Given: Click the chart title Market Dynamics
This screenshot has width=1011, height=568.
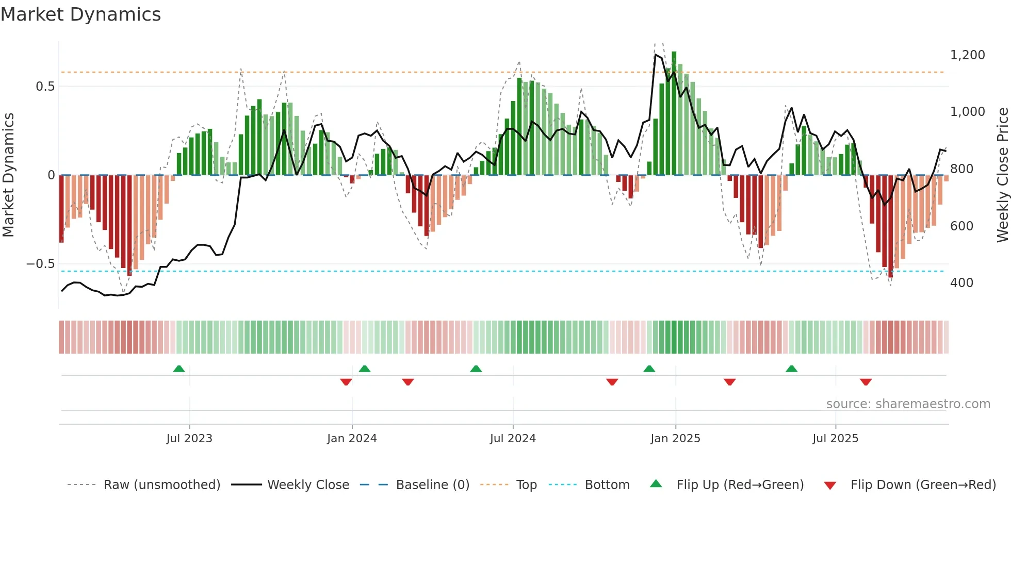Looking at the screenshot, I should click(x=80, y=14).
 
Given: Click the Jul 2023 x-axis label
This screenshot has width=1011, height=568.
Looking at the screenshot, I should click(x=189, y=439).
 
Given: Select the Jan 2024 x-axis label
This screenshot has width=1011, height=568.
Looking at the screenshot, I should click(x=352, y=439).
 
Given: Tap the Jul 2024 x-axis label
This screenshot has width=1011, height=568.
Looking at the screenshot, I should click(x=513, y=439).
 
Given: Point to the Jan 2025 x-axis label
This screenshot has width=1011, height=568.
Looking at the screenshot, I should click(x=675, y=439).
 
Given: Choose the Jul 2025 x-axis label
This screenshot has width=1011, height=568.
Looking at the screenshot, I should click(x=835, y=439).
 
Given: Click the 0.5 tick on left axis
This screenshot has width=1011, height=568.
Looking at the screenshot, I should click(x=45, y=87).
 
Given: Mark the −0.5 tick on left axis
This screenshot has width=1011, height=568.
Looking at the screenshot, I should click(x=40, y=264).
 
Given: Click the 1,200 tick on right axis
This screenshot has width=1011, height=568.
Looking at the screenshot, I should click(x=967, y=55).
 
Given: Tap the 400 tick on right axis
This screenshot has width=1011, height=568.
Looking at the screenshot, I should click(x=961, y=283).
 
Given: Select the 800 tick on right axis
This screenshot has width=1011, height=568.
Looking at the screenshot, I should click(x=961, y=169).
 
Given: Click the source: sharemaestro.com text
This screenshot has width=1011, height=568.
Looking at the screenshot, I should click(x=908, y=404).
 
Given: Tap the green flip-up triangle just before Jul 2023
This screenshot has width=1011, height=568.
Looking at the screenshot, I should click(x=179, y=369).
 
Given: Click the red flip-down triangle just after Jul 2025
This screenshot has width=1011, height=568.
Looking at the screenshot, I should click(x=866, y=382).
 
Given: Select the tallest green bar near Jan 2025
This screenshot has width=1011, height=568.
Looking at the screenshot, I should click(x=674, y=113).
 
